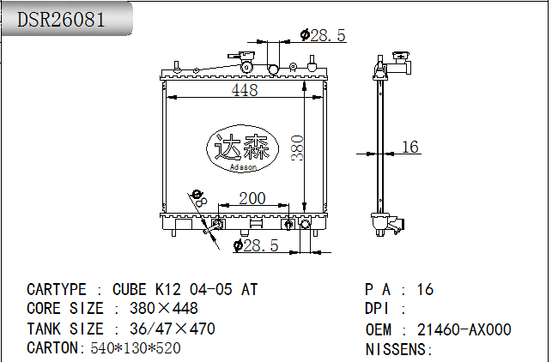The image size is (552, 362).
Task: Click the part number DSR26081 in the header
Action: [x=62, y=18]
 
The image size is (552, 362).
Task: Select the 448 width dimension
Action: [x=244, y=91]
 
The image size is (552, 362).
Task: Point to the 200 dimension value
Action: [x=252, y=198]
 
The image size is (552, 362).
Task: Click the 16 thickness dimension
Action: [x=410, y=148]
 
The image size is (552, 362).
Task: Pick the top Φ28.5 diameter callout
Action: [x=323, y=35]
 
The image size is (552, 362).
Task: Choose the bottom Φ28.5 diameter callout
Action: [x=257, y=246]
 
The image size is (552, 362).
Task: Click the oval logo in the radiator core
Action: [x=240, y=148]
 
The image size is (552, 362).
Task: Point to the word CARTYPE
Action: [x=57, y=290]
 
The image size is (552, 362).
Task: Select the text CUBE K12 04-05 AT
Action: [x=185, y=290]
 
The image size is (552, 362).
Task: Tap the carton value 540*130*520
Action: [x=135, y=348]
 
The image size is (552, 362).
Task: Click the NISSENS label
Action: [x=399, y=349]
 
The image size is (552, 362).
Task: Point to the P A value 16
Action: [x=425, y=290]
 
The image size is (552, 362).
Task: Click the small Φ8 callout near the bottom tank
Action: [x=200, y=197]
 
